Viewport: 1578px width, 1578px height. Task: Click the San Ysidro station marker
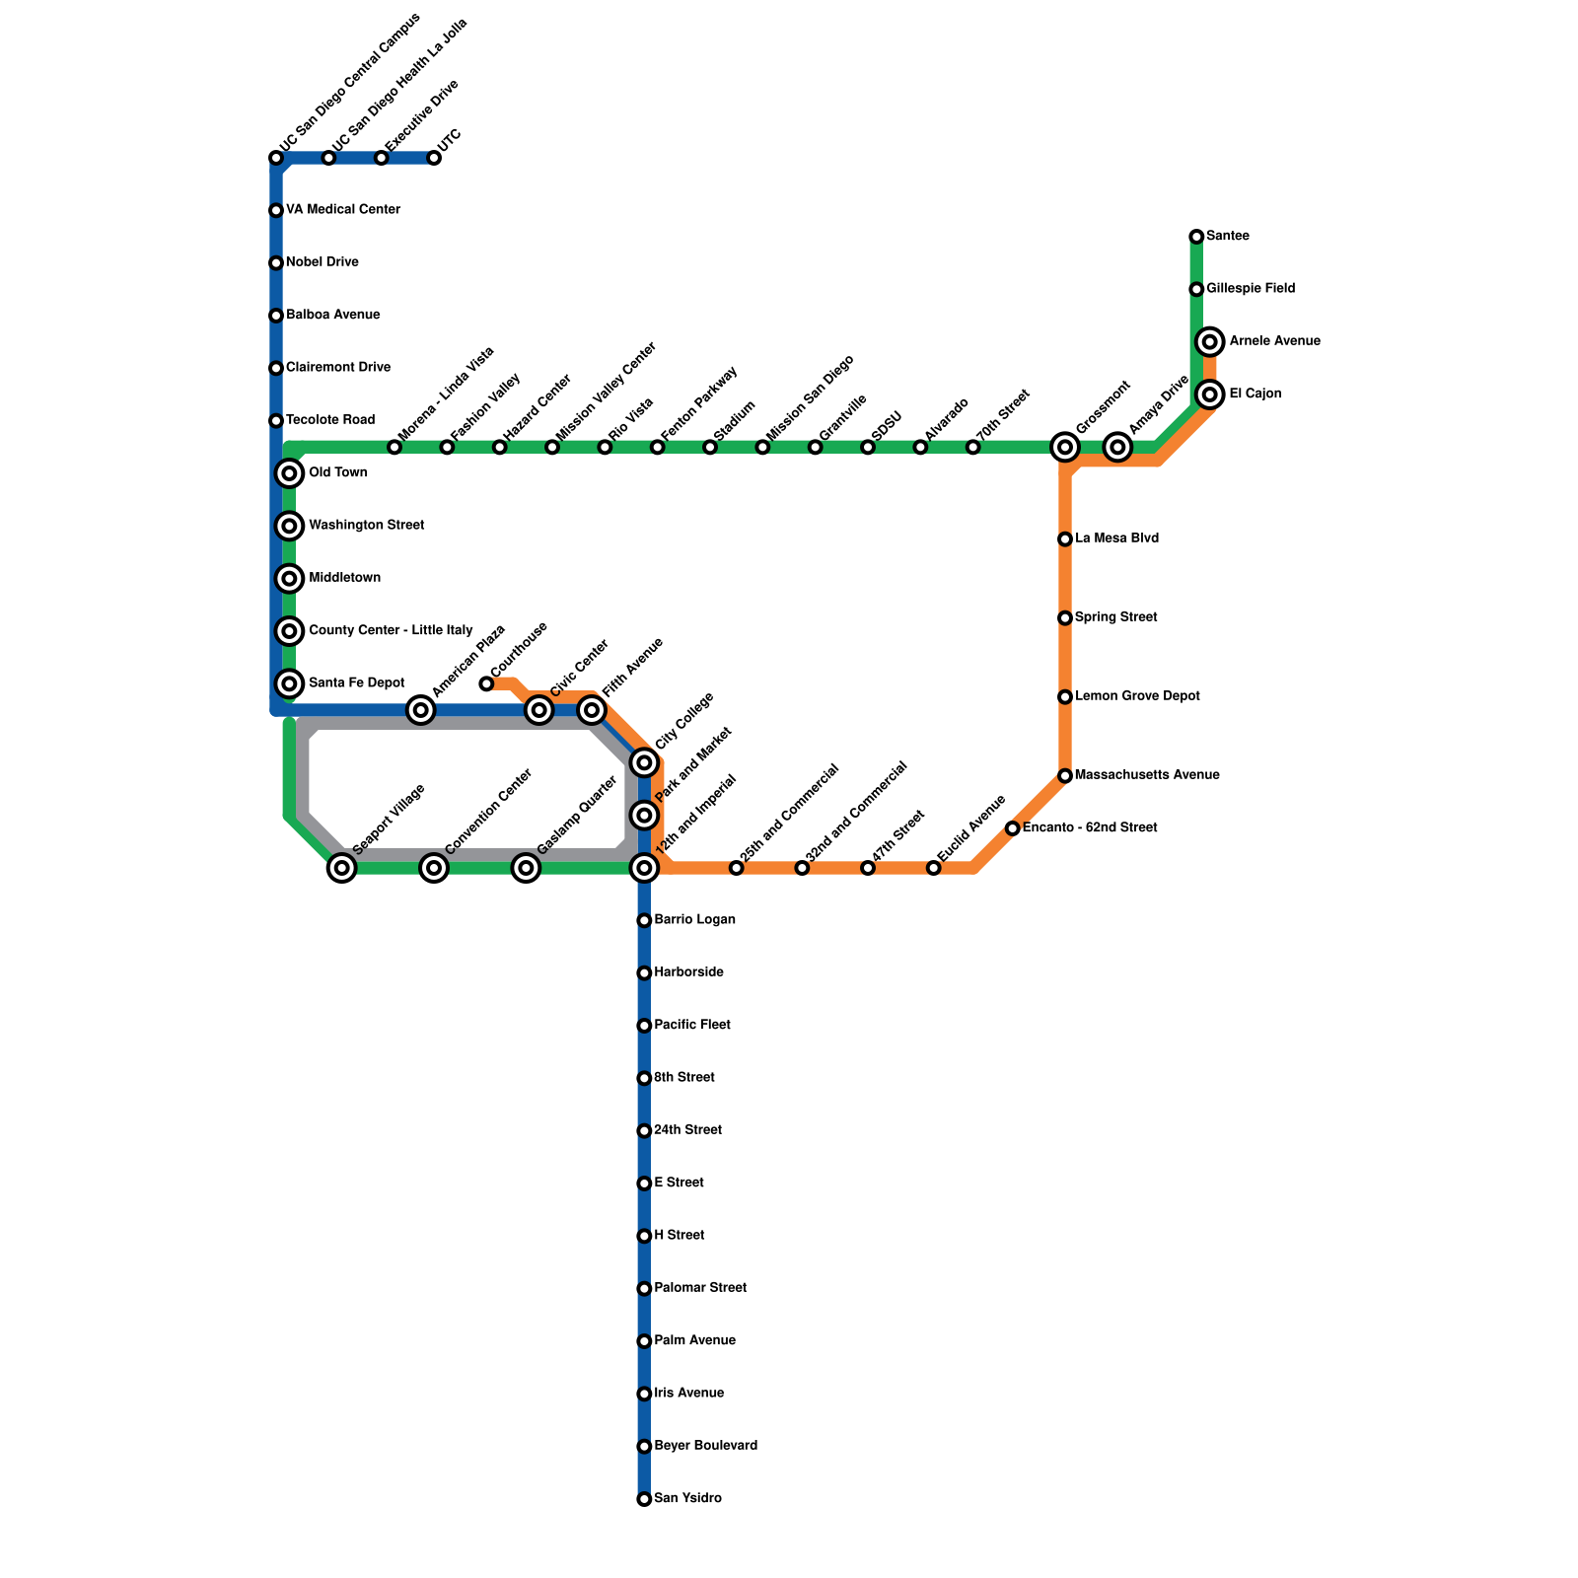click(644, 1499)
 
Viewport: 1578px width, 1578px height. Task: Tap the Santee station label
click(1227, 237)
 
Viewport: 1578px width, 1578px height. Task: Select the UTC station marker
click(434, 158)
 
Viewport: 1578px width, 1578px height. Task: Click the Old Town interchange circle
click(289, 473)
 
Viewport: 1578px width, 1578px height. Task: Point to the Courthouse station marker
click(486, 683)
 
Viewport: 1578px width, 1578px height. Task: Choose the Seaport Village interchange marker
click(341, 868)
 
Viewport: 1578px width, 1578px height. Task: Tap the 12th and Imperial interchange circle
click(644, 868)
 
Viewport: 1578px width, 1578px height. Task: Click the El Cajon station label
click(1255, 394)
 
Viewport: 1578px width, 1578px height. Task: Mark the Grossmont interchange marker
click(1065, 448)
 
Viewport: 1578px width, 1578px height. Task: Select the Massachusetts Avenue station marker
click(1065, 776)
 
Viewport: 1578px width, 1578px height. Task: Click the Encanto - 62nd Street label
click(1089, 828)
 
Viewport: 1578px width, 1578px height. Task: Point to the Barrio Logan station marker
click(644, 920)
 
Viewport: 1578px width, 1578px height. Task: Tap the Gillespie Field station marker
click(1196, 289)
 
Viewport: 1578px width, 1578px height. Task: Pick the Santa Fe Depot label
click(356, 683)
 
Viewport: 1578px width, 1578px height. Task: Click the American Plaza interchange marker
click(421, 710)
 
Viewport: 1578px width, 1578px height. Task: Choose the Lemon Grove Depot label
click(1137, 696)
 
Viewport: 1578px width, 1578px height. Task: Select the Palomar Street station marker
click(644, 1289)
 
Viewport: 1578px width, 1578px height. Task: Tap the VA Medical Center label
click(342, 210)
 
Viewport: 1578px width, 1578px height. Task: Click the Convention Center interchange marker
click(434, 868)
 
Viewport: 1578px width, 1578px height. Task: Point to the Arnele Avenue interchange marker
click(1211, 342)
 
